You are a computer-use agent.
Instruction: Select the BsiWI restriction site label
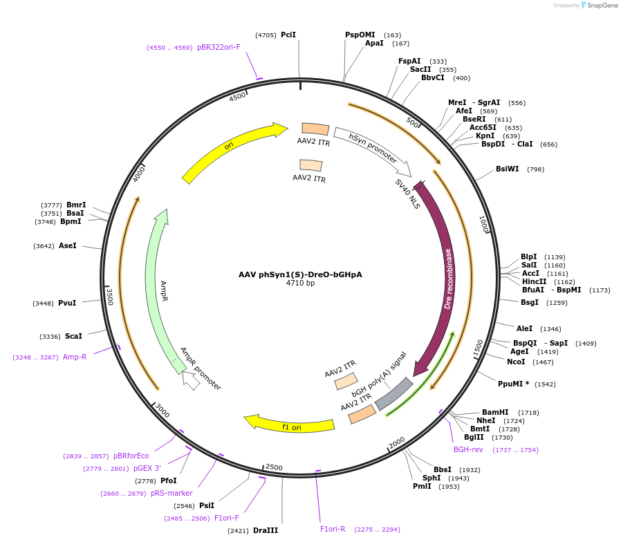point(507,169)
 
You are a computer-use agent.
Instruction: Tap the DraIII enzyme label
point(266,530)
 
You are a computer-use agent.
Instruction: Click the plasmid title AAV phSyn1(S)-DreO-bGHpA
point(300,274)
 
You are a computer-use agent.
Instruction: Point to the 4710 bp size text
point(300,283)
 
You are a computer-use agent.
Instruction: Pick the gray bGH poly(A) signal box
point(393,393)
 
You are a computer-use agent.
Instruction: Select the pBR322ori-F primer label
point(219,47)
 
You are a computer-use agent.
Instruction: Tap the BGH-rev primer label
point(468,449)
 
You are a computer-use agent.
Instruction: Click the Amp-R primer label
point(75,357)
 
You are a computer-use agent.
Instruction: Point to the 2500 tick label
point(274,467)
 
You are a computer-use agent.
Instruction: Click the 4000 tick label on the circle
point(139,174)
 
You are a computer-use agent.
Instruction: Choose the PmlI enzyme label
point(422,486)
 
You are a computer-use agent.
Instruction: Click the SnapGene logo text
point(603,6)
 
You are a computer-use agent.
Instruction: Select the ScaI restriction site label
point(73,336)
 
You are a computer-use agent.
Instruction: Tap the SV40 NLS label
point(407,193)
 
